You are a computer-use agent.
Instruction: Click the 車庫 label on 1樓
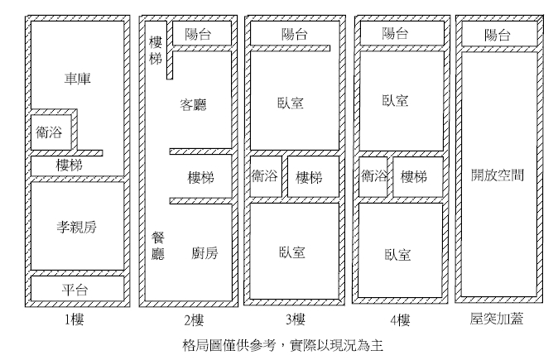click(77, 79)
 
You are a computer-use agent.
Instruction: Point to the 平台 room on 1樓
click(77, 289)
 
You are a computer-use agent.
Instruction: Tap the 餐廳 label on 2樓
click(158, 245)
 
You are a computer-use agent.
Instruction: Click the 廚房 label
click(204, 252)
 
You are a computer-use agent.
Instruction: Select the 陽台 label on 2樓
click(199, 34)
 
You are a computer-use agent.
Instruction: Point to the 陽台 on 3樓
click(295, 34)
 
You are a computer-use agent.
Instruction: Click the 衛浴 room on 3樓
click(264, 177)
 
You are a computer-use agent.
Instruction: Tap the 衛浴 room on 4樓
click(373, 176)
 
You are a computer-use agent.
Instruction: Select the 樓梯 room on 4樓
click(414, 176)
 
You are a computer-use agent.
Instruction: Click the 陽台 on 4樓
click(396, 34)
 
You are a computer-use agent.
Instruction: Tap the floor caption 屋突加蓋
click(497, 319)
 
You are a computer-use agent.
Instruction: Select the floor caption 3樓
click(294, 319)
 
